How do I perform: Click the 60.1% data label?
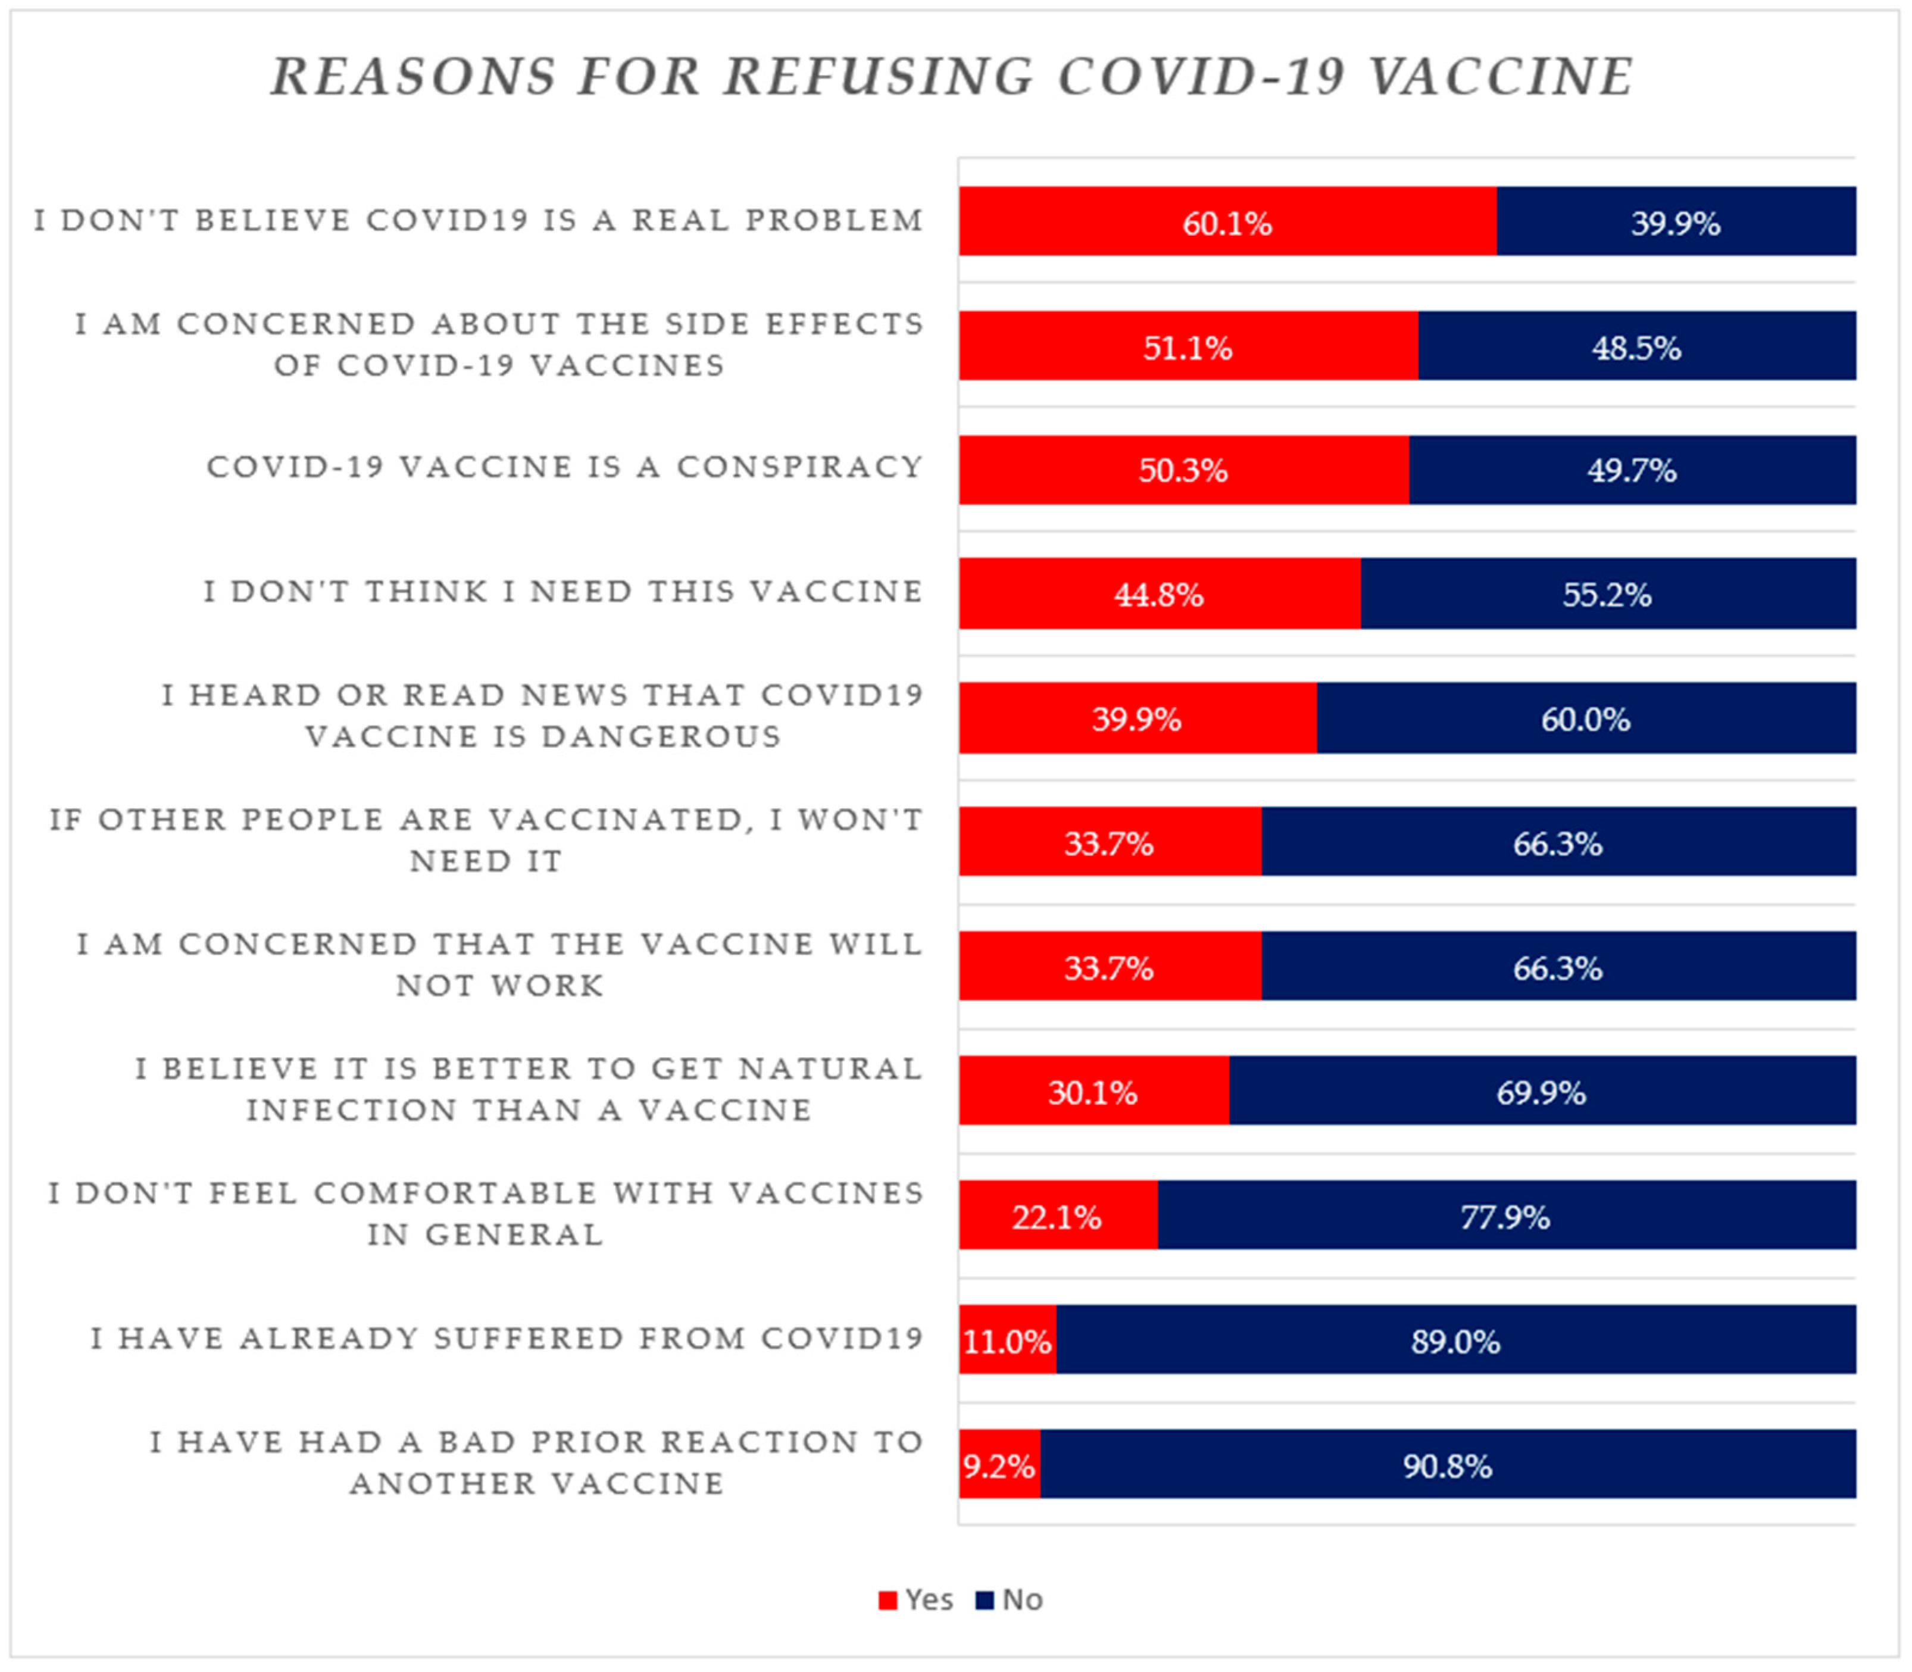pyautogui.click(x=1226, y=224)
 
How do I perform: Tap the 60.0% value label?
pyautogui.click(x=1585, y=720)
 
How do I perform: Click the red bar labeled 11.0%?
pyautogui.click(x=1007, y=1342)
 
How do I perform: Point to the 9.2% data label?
pyautogui.click(x=998, y=1466)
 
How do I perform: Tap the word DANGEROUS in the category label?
pyautogui.click(x=661, y=737)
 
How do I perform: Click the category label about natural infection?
pyautogui.click(x=529, y=1089)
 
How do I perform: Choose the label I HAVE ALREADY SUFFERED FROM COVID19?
pyautogui.click(x=507, y=1338)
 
